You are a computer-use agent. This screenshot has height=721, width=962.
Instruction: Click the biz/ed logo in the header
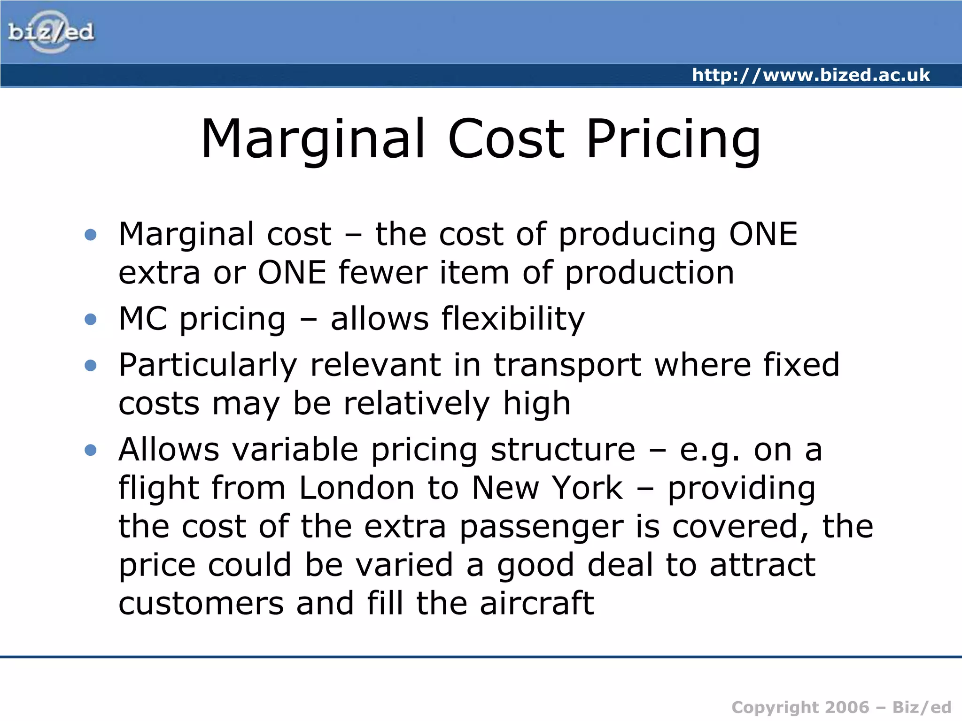[51, 32]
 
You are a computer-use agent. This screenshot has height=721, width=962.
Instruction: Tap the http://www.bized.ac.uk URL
[811, 75]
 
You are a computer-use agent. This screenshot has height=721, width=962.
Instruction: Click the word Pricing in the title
[673, 140]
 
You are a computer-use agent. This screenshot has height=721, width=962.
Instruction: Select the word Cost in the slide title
[505, 139]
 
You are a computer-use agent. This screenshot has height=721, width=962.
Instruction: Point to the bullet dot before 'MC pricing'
[91, 320]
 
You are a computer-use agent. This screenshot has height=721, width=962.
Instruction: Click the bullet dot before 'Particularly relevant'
[91, 366]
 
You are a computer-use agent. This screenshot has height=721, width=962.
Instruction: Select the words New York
[547, 488]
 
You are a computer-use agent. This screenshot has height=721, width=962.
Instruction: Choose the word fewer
[382, 273]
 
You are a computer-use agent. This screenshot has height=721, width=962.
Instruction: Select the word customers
[201, 603]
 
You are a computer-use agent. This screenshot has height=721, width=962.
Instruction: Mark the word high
[536, 404]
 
